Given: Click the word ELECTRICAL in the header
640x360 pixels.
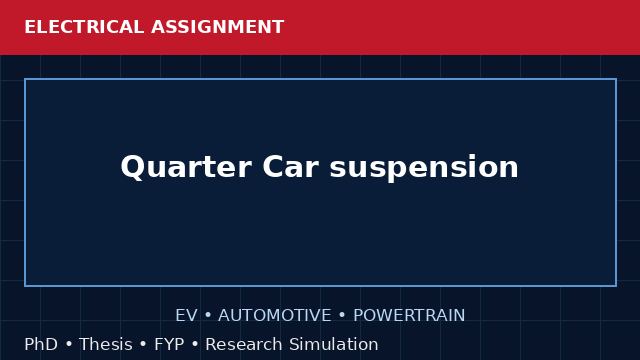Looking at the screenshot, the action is tap(84, 27).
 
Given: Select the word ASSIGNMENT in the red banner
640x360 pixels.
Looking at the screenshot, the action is tap(217, 27).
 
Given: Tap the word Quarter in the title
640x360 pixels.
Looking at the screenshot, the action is tap(186, 167).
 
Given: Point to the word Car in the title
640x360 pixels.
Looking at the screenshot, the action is tap(290, 167).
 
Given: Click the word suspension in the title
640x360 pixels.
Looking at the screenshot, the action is tap(424, 168).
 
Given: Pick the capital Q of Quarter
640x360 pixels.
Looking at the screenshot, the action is tap(132, 167).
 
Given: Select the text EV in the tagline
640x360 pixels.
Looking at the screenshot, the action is tap(186, 316).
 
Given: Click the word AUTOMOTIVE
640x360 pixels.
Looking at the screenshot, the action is tap(275, 316).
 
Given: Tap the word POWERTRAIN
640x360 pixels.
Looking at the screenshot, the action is tap(409, 316).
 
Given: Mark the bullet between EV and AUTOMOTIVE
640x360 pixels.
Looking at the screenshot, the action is tap(208, 316).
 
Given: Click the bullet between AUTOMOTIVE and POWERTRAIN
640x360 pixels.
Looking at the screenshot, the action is tap(342, 316).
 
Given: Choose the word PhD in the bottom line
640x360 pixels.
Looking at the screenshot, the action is tap(41, 344).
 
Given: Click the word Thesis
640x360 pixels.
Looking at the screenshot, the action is tap(106, 344).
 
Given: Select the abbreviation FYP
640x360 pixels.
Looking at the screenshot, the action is tap(169, 344).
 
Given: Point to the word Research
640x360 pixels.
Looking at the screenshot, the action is tap(244, 344).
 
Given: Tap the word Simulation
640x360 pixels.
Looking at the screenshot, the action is tap(334, 344).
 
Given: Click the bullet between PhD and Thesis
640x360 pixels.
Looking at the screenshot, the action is tap(69, 344).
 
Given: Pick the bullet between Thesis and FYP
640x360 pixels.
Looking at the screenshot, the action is tap(143, 344).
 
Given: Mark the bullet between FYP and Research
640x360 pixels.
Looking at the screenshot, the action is tap(195, 344).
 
